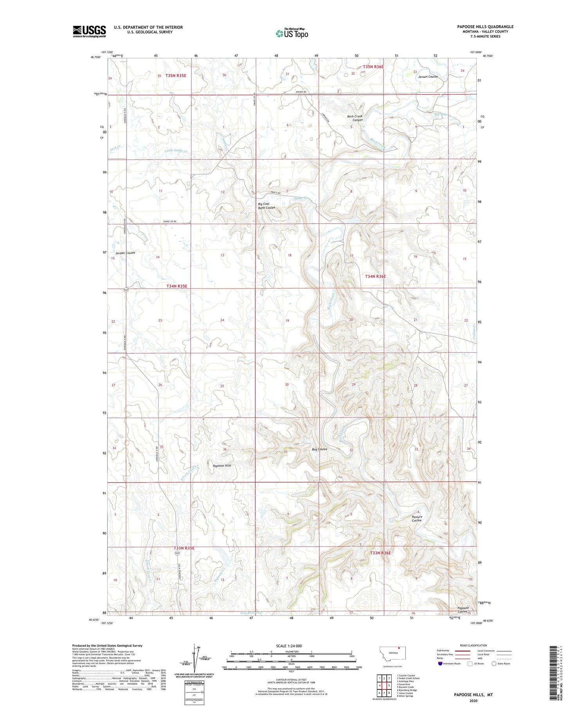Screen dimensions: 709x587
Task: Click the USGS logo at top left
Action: [x=89, y=31]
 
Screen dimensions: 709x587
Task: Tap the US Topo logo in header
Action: [x=292, y=33]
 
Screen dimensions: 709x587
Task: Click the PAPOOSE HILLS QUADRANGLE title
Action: [x=485, y=27]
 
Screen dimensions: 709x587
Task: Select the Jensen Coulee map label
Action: [x=427, y=77]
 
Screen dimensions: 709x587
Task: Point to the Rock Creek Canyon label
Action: [x=355, y=118]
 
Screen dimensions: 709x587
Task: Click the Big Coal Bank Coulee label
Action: [x=266, y=206]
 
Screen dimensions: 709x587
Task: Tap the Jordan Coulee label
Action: [x=125, y=253]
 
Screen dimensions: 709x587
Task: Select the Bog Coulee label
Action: [x=319, y=449]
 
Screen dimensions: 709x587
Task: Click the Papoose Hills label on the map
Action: [x=222, y=466]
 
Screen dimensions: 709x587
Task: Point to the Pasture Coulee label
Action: [x=417, y=519]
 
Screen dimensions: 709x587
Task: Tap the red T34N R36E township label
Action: [x=375, y=276]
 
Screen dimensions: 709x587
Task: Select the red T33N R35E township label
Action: [x=184, y=548]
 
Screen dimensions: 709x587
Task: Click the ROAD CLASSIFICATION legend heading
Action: [x=474, y=645]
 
